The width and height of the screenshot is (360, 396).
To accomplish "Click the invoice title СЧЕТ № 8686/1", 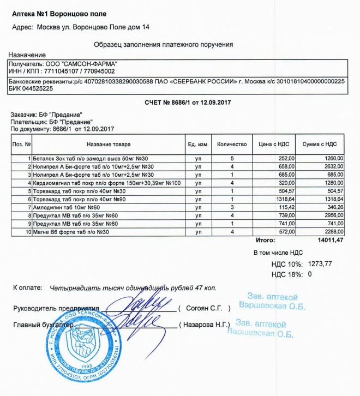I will coord(179,103).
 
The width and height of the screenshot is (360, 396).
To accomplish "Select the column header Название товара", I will coord(109,144).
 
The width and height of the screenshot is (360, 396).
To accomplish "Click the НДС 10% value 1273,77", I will coord(320,264).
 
